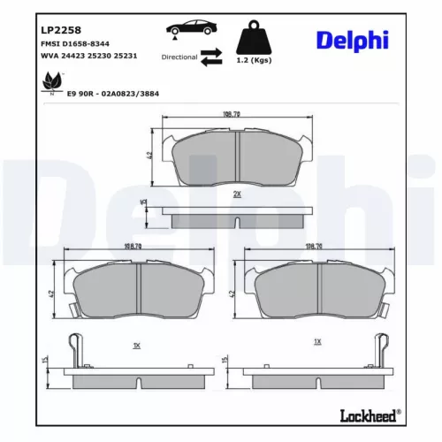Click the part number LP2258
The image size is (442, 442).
click(x=57, y=29)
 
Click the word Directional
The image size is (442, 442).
click(x=179, y=57)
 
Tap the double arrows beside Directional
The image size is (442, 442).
click(x=211, y=57)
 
